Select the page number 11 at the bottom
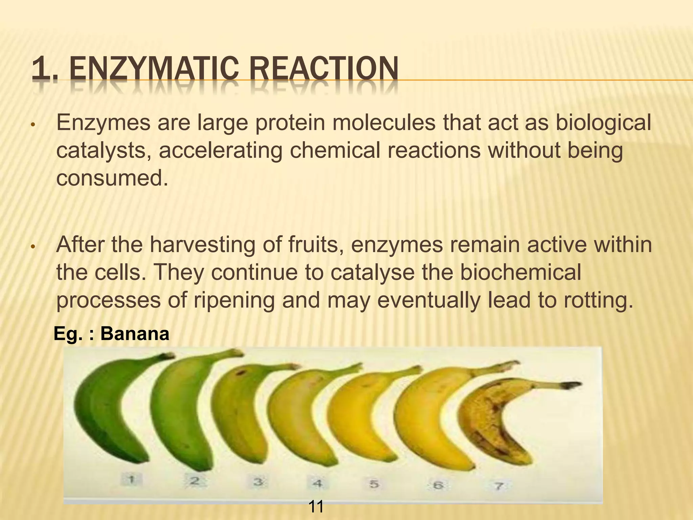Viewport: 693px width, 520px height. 316,507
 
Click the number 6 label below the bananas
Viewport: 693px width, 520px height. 438,485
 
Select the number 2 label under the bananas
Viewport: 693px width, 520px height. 194,481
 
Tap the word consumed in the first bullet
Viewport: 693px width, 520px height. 112,178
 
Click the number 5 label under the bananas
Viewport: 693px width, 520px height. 374,484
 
